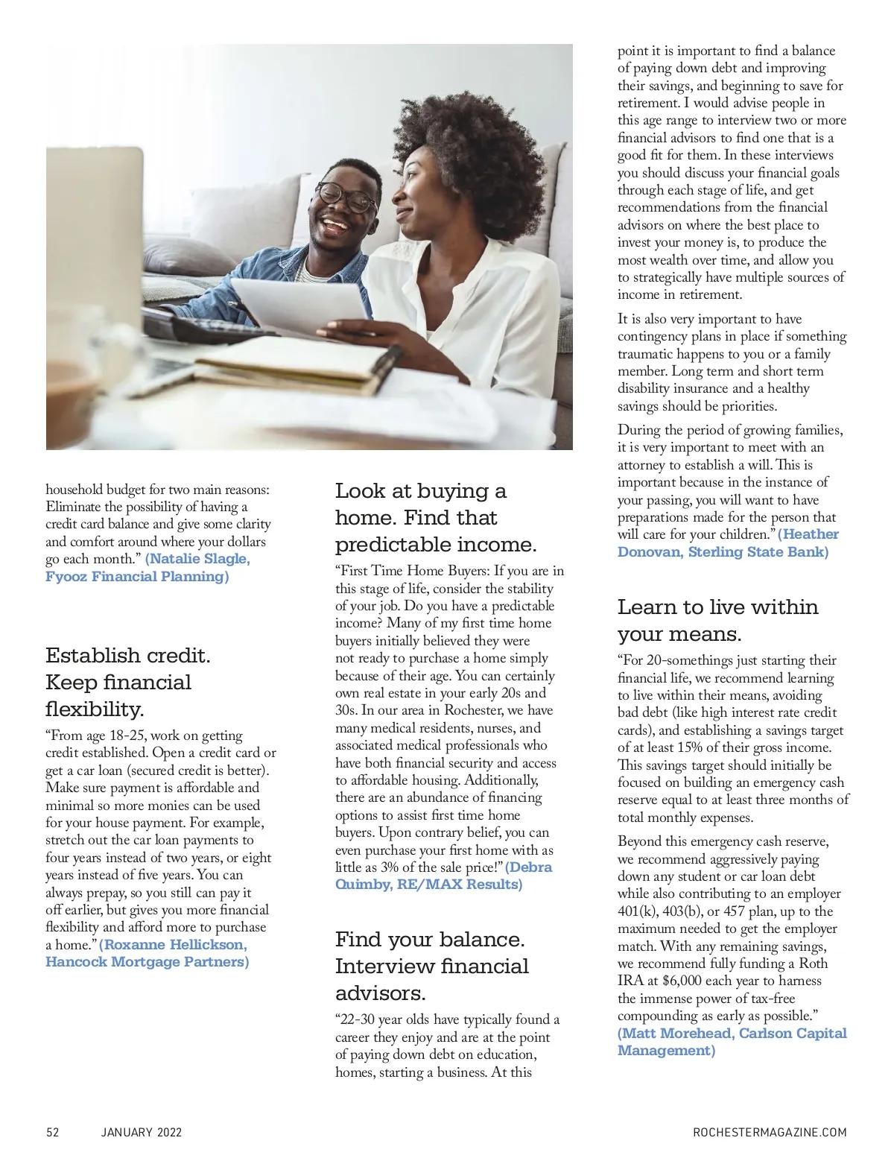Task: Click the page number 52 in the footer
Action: tap(52, 1132)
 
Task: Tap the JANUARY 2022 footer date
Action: tap(142, 1132)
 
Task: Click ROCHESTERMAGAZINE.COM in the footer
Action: tap(770, 1132)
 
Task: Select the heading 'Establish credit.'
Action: tap(128, 655)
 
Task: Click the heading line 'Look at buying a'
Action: tap(420, 491)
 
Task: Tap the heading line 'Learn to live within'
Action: tap(717, 607)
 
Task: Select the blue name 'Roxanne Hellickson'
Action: tap(174, 944)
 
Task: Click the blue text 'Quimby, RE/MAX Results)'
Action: tap(428, 885)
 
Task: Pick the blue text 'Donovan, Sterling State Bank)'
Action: tap(722, 552)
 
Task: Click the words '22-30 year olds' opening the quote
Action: tap(384, 1020)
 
